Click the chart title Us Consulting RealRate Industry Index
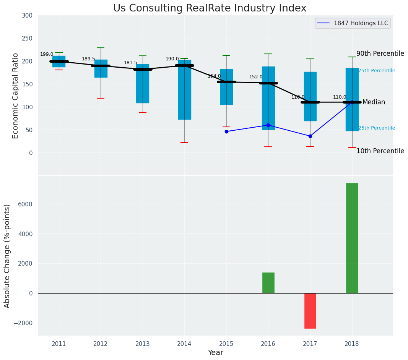pos(210,8)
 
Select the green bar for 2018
pos(352,238)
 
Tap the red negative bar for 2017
pos(310,311)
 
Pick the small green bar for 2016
pos(268,283)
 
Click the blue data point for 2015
pos(226,131)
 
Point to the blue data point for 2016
pos(268,125)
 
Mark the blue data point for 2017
pos(310,136)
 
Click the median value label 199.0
pos(47,55)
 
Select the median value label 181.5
pos(130,63)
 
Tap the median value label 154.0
pos(214,76)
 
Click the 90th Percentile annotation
pos(380,54)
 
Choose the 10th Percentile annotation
pos(380,151)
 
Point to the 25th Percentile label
pos(377,128)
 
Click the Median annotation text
pos(374,102)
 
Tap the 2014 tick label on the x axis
pos(184,344)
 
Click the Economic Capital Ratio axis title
pos(16,96)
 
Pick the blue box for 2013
pos(143,84)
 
